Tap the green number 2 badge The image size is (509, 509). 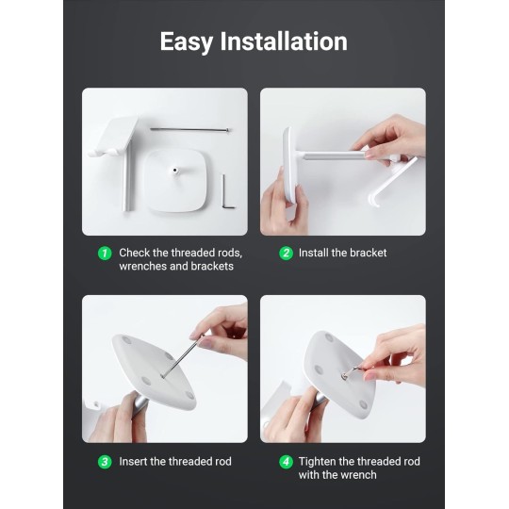pyautogui.click(x=286, y=254)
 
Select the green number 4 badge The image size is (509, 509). pyautogui.click(x=286, y=462)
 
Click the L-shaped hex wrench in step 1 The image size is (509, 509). pyautogui.click(x=226, y=195)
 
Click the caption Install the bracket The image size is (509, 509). pyautogui.click(x=342, y=254)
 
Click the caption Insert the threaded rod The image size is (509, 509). pyautogui.click(x=175, y=462)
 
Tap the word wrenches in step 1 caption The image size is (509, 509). pyautogui.click(x=143, y=267)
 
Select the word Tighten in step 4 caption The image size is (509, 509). pyautogui.click(x=320, y=462)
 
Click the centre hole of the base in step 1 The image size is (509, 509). pyautogui.click(x=175, y=172)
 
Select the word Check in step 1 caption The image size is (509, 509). pyautogui.click(x=135, y=254)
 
